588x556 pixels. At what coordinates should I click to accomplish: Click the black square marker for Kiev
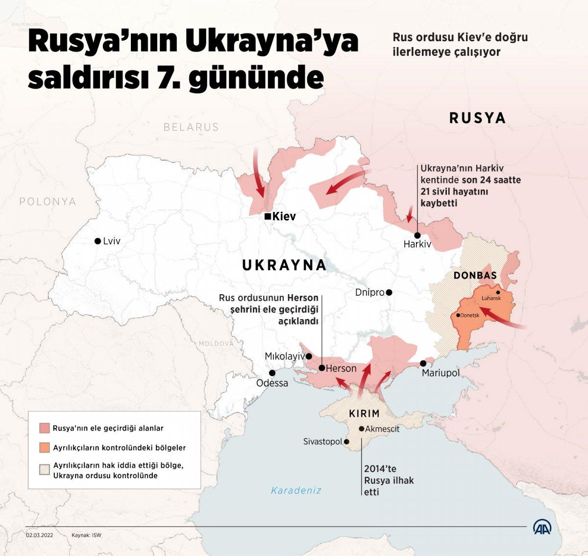coord(267,216)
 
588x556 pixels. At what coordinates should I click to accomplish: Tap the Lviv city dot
coord(98,241)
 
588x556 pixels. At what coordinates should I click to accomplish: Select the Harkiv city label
coord(417,244)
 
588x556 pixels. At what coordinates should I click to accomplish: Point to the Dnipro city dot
coord(389,292)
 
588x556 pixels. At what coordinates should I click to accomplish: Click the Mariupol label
coord(441,373)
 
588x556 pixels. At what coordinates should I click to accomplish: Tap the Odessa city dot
coord(272,373)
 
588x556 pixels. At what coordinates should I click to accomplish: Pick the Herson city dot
coord(321,368)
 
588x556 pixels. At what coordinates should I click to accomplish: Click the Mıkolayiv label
coord(284,356)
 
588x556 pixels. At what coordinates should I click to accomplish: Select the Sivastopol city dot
coord(346,442)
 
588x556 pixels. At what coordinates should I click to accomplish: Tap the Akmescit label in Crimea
coord(382,429)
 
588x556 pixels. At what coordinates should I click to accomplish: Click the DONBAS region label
coord(475,276)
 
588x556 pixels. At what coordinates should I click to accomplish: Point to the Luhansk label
coord(491,298)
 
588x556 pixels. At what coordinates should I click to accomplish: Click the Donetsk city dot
coord(458,315)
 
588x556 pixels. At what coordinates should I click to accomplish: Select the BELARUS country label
coord(191,127)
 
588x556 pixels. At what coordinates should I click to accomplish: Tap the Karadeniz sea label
coord(296,490)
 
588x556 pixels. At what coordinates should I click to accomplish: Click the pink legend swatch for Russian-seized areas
coord(45,428)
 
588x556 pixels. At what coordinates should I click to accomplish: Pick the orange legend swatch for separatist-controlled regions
coord(45,448)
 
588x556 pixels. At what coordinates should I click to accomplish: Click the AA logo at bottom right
coord(542,527)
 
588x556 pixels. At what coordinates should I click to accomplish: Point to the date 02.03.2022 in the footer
coord(40,535)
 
